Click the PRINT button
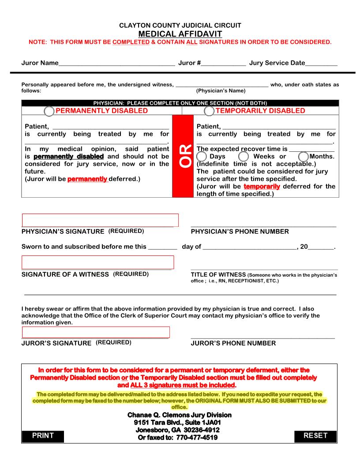[x=43, y=436]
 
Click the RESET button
[x=315, y=436]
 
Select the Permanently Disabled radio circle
[x=49, y=111]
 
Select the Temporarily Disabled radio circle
[x=209, y=111]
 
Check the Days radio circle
[x=201, y=157]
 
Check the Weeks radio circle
[x=244, y=157]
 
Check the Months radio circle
[x=304, y=157]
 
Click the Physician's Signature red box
[x=100, y=220]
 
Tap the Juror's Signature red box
[x=96, y=332]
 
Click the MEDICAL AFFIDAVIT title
[x=180, y=34]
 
